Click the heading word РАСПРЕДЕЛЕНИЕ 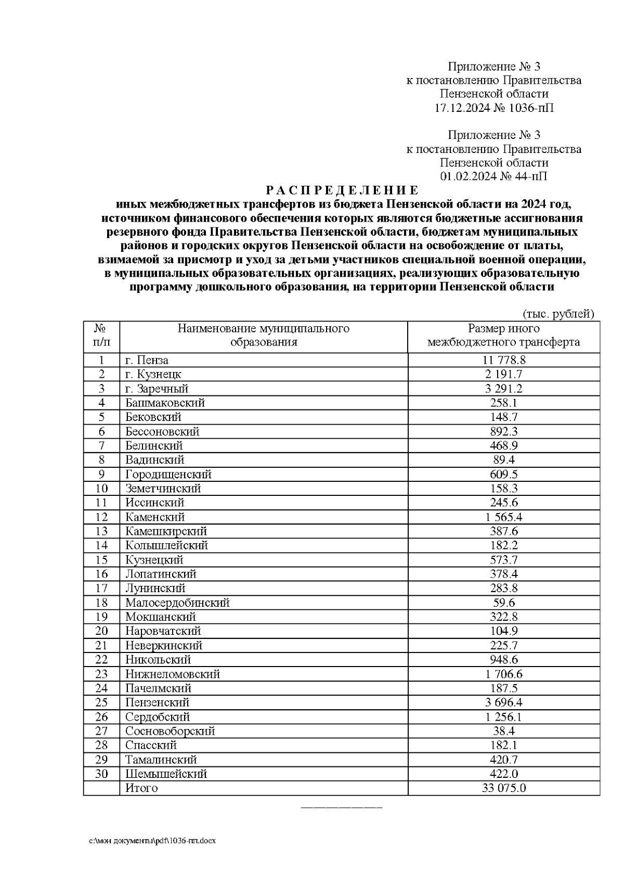click(x=342, y=190)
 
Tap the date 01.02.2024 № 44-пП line click(x=493, y=176)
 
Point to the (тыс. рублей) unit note click(x=557, y=314)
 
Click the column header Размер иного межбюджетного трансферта click(x=503, y=336)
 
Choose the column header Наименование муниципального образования click(x=264, y=336)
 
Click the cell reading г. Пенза click(x=147, y=360)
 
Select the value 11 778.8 click(x=503, y=360)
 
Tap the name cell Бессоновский click(x=162, y=431)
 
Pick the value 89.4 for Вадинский click(x=503, y=460)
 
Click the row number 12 click(x=101, y=517)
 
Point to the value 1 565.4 click(x=503, y=517)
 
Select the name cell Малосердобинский click(x=177, y=603)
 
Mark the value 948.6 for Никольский click(x=503, y=660)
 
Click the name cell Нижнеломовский click(x=173, y=674)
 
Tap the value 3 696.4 click(x=503, y=702)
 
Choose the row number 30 click(x=101, y=774)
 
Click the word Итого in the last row click(x=141, y=788)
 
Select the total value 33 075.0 click(x=503, y=788)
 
